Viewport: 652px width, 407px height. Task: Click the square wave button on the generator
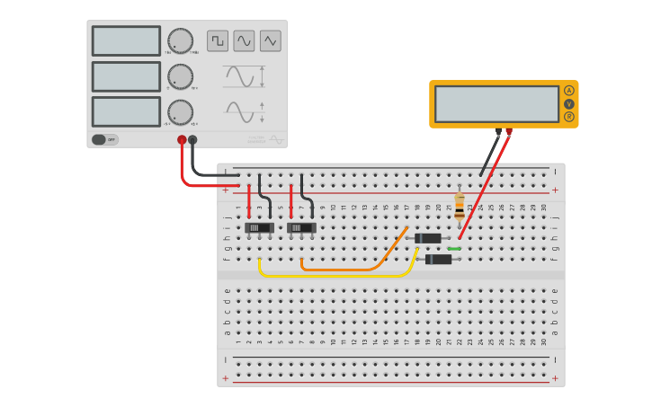[x=218, y=40]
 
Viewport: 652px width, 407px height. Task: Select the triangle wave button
[x=271, y=40]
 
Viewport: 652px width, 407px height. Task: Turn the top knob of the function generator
[x=180, y=40]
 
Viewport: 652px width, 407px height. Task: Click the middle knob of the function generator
[x=180, y=76]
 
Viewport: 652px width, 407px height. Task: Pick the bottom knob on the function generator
[x=180, y=112]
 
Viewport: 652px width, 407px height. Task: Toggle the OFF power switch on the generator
[x=104, y=139]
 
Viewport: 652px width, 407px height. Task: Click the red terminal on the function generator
[x=182, y=139]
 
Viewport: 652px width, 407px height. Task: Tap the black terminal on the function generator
[x=192, y=139]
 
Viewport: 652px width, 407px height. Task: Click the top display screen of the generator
[x=126, y=40]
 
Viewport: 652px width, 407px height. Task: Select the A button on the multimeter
[x=569, y=91]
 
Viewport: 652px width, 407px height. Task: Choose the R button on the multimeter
[x=569, y=117]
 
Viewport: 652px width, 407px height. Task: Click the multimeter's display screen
[x=496, y=103]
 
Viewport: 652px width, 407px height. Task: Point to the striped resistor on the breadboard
[x=460, y=206]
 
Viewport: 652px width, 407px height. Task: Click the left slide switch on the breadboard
[x=260, y=228]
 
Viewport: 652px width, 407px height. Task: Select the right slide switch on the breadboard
[x=301, y=228]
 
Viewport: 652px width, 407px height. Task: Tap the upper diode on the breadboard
[x=428, y=238]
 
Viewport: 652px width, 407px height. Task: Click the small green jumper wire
[x=454, y=249]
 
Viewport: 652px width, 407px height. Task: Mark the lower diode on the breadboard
[x=439, y=260]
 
